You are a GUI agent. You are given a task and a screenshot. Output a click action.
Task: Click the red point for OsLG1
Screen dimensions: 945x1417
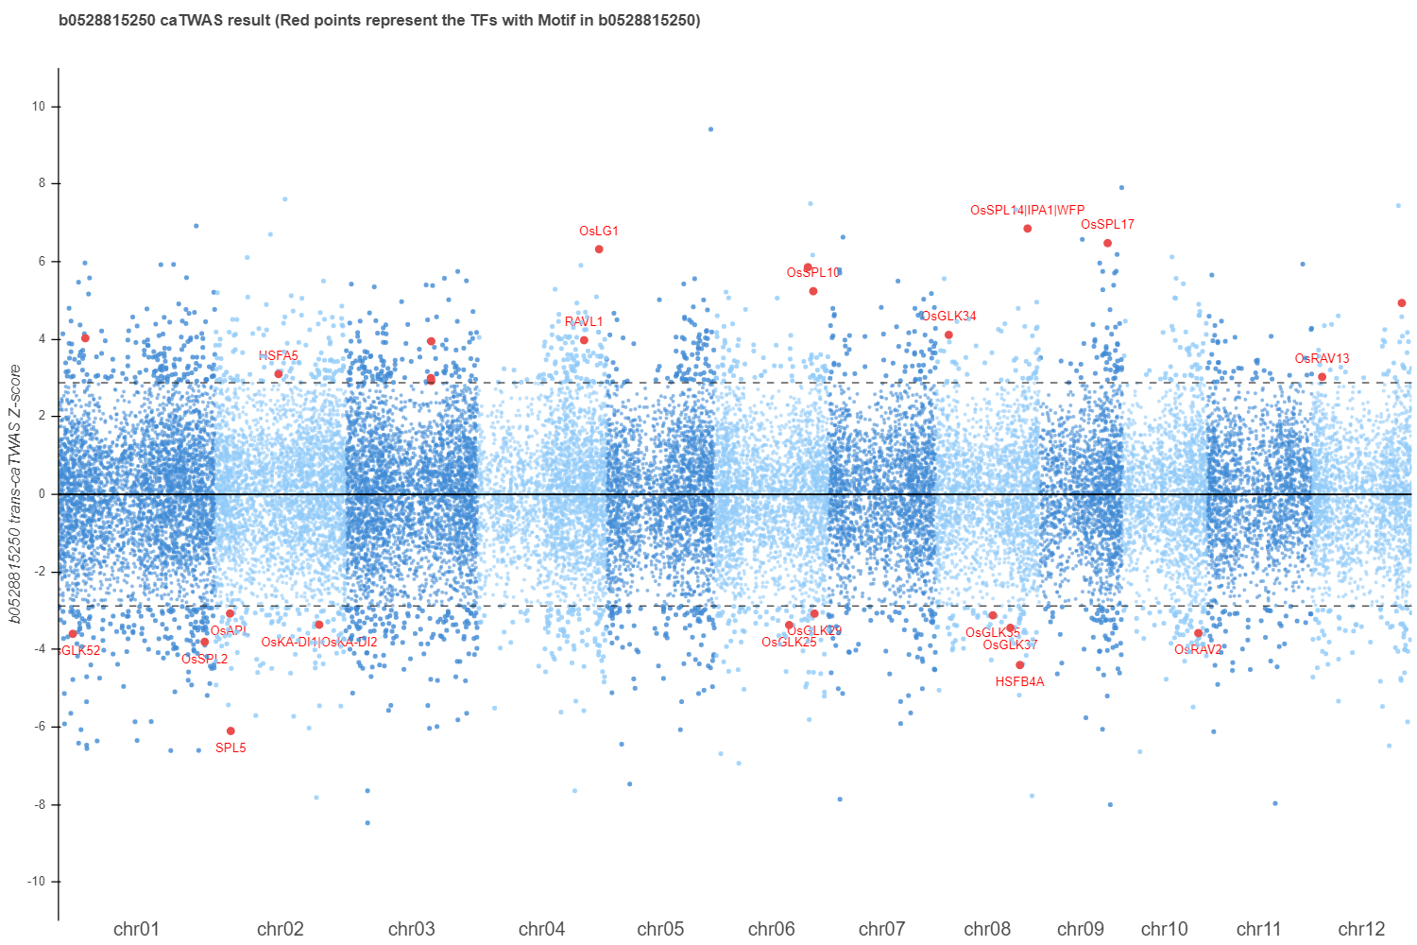pyautogui.click(x=599, y=249)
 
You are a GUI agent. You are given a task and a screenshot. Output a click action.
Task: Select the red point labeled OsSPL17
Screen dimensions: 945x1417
pyautogui.click(x=1107, y=243)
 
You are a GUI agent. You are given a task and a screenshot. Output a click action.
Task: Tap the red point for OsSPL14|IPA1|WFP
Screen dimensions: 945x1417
pyautogui.click(x=1027, y=229)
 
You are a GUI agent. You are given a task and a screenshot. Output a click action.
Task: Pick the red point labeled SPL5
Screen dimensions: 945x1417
pyautogui.click(x=230, y=730)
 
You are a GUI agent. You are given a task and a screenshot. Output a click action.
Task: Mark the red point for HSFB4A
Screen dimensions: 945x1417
pyautogui.click(x=1019, y=665)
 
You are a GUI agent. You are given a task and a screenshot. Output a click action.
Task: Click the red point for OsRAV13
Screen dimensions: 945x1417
pyautogui.click(x=1322, y=377)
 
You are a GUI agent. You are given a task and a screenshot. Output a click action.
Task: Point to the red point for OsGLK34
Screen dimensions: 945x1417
pyautogui.click(x=948, y=335)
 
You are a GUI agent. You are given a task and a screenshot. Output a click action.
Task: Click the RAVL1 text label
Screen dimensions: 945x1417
pyautogui.click(x=584, y=322)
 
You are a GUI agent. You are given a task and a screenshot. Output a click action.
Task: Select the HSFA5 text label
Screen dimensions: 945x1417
pyautogui.click(x=279, y=356)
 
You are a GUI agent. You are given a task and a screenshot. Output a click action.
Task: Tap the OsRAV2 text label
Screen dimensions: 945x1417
pyautogui.click(x=1198, y=650)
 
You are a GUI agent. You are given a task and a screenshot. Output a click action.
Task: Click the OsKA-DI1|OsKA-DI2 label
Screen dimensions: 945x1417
pyautogui.click(x=319, y=643)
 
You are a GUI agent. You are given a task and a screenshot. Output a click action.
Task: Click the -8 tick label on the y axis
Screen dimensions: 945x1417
pyautogui.click(x=39, y=805)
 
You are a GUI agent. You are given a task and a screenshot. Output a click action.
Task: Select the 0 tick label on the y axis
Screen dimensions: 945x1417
pyautogui.click(x=42, y=494)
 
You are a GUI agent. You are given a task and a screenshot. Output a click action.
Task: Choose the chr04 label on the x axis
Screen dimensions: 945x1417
pyautogui.click(x=541, y=929)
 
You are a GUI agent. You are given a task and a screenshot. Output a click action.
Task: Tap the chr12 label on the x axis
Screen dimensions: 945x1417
pyautogui.click(x=1361, y=929)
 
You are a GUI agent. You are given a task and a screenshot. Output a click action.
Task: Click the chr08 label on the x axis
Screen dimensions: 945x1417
pyautogui.click(x=987, y=929)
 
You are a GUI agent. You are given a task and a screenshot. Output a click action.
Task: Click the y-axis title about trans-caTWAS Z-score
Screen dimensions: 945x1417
pyautogui.click(x=15, y=494)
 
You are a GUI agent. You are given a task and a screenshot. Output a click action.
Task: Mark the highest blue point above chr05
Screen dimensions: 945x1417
pyautogui.click(x=710, y=129)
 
